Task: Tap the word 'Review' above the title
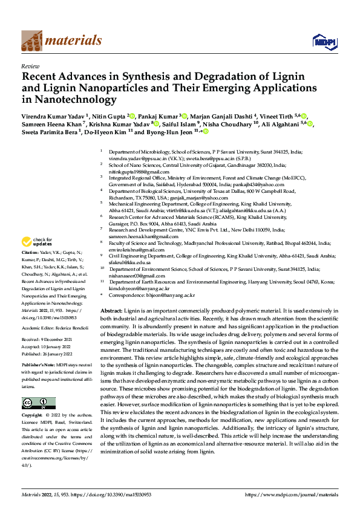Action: (30, 66)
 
